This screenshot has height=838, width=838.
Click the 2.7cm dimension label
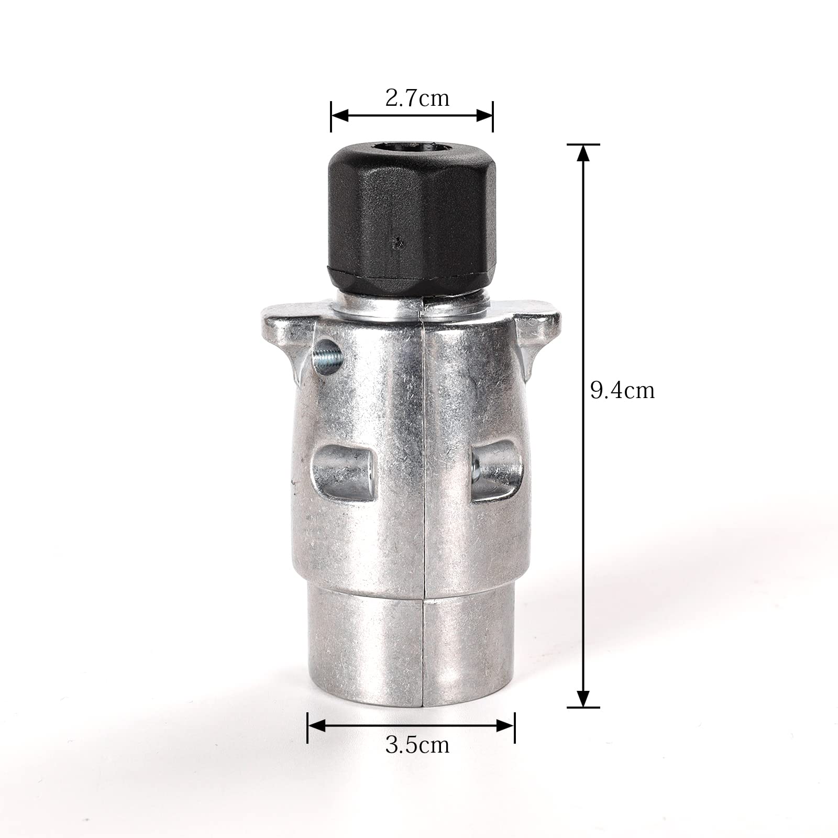click(x=417, y=98)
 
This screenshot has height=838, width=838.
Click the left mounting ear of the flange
click(x=285, y=335)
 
